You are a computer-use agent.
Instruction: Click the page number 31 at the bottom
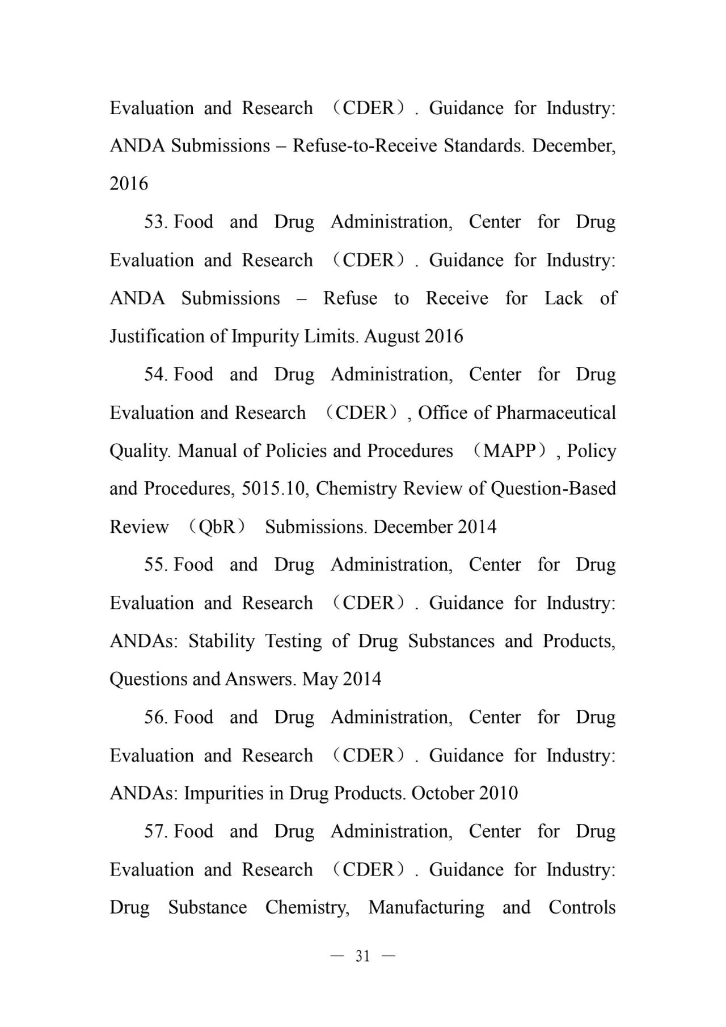coord(362,957)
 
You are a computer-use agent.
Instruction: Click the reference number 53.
coord(155,222)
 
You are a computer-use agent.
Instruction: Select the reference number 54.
coord(155,374)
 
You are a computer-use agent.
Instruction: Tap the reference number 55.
coord(155,565)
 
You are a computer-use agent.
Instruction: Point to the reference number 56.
coord(155,717)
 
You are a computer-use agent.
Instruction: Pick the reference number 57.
coord(155,831)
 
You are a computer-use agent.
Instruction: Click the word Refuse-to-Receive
coord(365,146)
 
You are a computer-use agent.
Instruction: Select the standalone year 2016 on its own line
coord(129,184)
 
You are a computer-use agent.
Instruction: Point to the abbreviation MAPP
coord(510,451)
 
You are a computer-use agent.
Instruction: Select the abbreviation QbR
coord(217,527)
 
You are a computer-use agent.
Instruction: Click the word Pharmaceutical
coord(556,413)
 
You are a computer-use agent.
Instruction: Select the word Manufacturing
coord(426,907)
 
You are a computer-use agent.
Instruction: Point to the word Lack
coord(563,298)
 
